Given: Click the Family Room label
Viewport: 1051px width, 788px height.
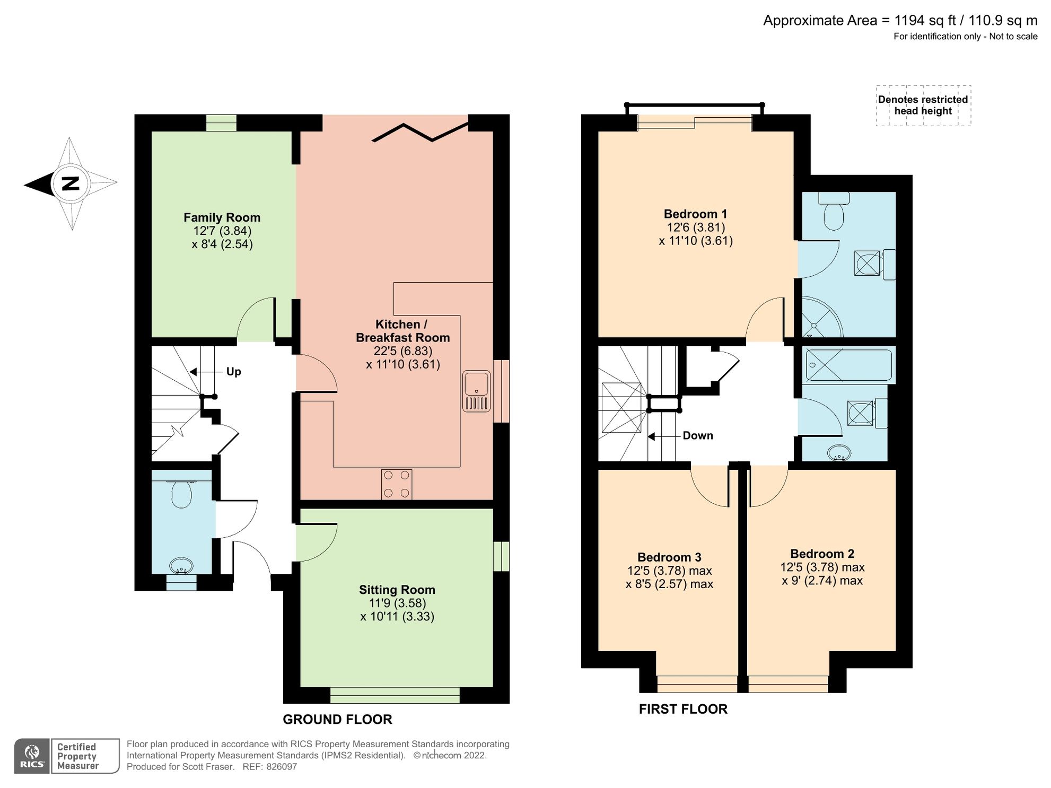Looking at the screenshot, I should coord(222,217).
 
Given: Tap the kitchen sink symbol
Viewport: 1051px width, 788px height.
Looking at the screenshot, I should coord(476,391).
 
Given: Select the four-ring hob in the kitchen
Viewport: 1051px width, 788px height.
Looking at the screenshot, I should coord(396,484).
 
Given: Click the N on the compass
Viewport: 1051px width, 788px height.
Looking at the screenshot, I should coord(70,183).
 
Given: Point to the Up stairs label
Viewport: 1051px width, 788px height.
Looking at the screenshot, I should coord(233,372).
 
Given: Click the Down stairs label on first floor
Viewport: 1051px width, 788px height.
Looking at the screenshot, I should coord(697,436).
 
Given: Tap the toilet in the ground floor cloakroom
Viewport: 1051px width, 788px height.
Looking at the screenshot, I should coord(181,494).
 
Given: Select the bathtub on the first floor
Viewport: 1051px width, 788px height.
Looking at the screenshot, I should coord(848,365).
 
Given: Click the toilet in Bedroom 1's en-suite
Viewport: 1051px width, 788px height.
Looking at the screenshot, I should coord(834,212).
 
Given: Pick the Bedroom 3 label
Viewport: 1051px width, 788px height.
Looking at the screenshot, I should coord(669,557).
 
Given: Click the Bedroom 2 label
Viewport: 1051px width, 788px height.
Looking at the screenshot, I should coord(822,554).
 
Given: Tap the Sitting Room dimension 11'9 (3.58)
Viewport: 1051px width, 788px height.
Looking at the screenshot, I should coord(397,603).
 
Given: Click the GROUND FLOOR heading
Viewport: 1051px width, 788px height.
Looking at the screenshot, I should coord(337,720).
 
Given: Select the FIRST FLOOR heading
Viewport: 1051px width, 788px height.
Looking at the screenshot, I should coord(683,710).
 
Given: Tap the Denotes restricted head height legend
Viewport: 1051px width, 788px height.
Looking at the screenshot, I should coord(923,106).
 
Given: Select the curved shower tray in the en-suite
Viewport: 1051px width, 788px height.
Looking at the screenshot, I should coord(820,318).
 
